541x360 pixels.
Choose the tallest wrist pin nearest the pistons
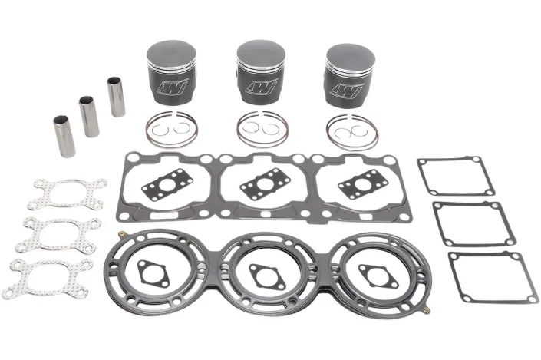pyautogui.click(x=117, y=96)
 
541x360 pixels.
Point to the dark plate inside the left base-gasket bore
pyautogui.click(x=167, y=183)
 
